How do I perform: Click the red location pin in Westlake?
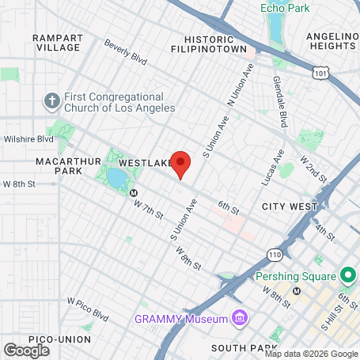[x=181, y=163]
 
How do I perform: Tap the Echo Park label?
[x=286, y=9]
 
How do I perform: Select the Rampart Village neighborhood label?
[x=57, y=42]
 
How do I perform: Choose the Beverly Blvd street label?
[x=126, y=53]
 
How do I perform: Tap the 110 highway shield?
[x=274, y=255]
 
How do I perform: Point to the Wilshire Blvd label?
[x=32, y=139]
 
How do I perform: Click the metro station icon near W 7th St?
[x=134, y=192]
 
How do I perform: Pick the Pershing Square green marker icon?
[x=346, y=277]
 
